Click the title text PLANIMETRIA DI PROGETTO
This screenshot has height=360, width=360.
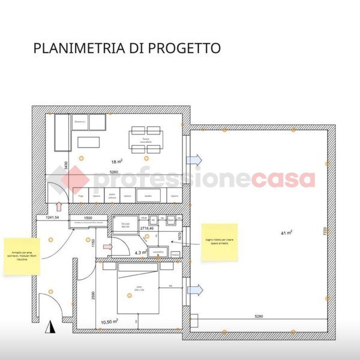127,48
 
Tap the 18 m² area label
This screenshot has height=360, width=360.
116,161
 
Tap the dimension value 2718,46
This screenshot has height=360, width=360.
147,229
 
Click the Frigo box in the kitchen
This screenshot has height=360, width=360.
80,196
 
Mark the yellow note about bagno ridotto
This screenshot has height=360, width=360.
219,242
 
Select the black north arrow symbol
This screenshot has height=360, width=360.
51,328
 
